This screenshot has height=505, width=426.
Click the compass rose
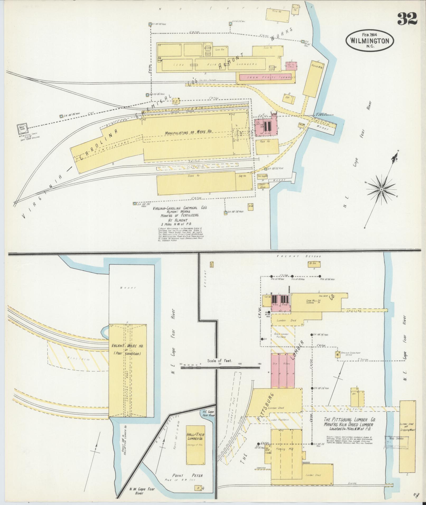click(381, 190)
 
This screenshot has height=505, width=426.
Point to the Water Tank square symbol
click(21, 129)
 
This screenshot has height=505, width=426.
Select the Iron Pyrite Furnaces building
click(267, 78)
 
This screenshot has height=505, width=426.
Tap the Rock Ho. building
click(267, 147)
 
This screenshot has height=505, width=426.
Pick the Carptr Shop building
click(263, 186)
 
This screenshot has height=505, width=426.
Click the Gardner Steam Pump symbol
click(337, 355)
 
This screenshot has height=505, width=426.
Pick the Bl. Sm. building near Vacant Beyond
click(314, 264)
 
